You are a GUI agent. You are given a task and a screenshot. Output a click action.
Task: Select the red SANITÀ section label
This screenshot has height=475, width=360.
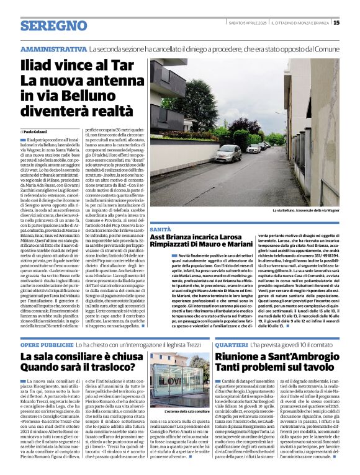coord(160,229)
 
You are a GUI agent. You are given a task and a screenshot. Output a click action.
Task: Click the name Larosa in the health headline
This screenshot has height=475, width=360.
coord(246,238)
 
